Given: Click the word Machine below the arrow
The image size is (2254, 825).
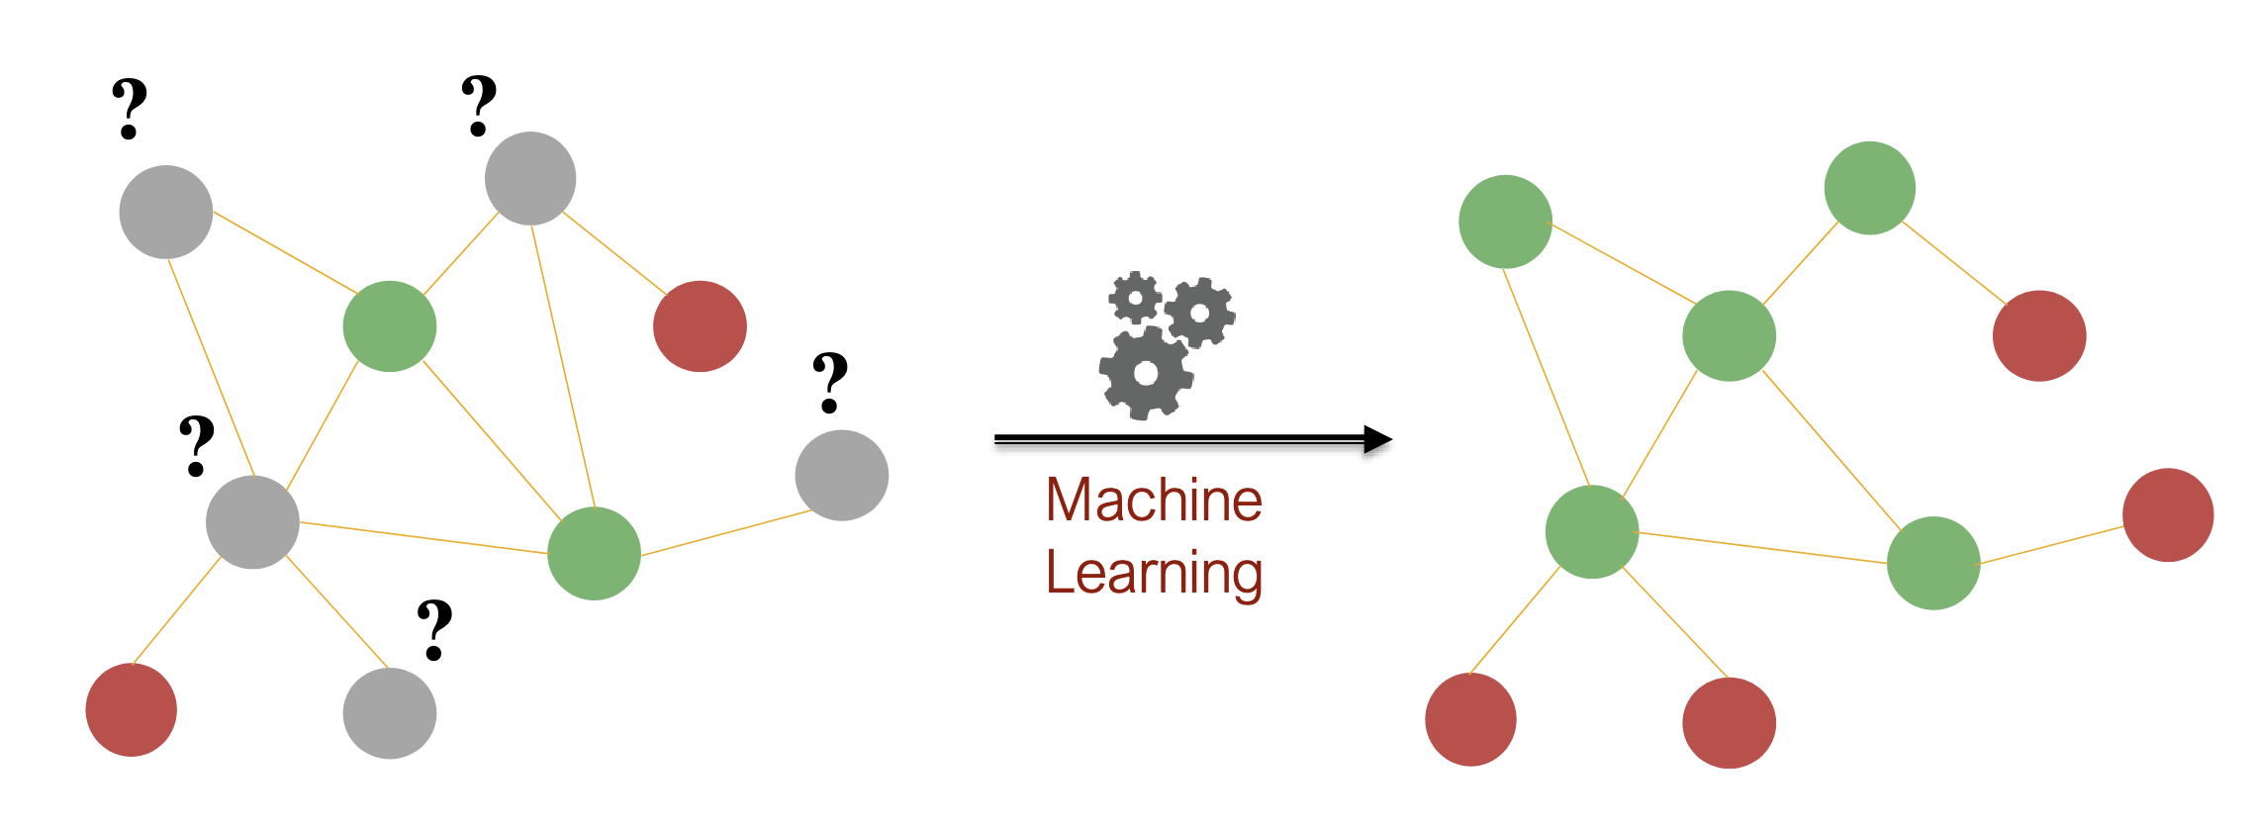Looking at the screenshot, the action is pos(1154,500).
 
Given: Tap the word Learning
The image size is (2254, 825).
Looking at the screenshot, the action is pos(1154,574).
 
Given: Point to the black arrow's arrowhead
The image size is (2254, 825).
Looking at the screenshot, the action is pos(1377,439).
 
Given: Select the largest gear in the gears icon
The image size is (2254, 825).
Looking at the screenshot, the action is pos(1146,373).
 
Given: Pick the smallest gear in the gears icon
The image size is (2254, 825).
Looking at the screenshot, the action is pos(1135,297).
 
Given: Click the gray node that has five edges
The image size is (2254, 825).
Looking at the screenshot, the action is pos(252,522).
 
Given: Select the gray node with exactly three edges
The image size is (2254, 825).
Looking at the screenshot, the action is pos(530,178).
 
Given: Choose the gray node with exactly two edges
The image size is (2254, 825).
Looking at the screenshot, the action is pos(166,212).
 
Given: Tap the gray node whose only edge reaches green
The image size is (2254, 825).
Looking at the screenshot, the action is pos(842,475).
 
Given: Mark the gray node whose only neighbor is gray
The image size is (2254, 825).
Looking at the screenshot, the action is pos(390,713).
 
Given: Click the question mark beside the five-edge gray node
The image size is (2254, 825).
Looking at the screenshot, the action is pos(197,446).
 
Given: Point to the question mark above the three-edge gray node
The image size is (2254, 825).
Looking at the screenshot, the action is pos(479,105).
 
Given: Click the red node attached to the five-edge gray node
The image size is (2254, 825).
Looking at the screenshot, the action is pos(132,709).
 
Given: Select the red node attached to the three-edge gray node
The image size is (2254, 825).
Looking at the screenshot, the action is pos(700,326).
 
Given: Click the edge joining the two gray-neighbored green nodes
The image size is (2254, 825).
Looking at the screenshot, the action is pos(492,440).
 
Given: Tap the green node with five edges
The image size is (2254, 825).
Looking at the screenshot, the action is pos(1592,532).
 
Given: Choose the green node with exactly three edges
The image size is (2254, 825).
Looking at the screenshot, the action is pos(1933,563).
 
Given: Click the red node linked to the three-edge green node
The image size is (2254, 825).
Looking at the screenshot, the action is pos(2168,514).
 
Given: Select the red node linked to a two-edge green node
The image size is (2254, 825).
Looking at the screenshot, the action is pos(2039,335).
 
